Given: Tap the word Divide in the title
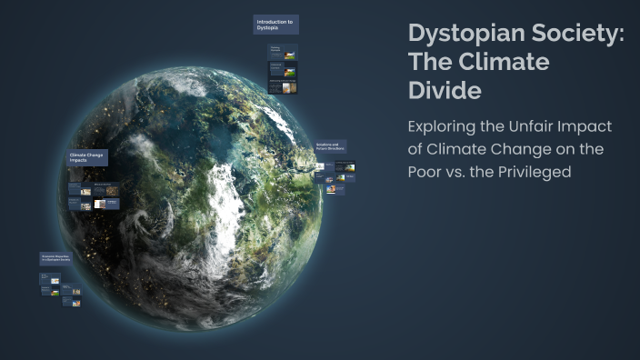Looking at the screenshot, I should pyautogui.click(x=445, y=91).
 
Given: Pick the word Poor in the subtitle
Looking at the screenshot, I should pyautogui.click(x=428, y=171).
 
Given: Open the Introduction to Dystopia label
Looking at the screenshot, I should pyautogui.click(x=275, y=25).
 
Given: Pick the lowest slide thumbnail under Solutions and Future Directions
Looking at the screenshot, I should pyautogui.click(x=335, y=189).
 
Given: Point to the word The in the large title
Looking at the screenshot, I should pyautogui.click(x=434, y=63).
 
